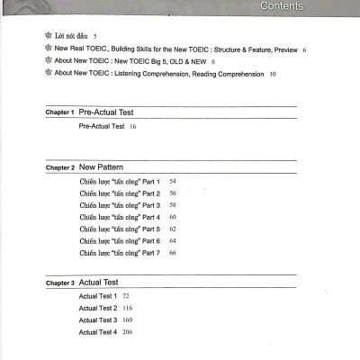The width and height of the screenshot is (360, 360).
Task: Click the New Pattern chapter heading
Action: (101, 167)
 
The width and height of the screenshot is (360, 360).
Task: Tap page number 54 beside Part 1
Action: (172, 182)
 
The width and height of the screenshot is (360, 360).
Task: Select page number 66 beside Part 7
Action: (172, 253)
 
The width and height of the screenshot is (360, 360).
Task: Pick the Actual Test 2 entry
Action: (97, 308)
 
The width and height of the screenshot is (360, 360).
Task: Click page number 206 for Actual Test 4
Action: (127, 332)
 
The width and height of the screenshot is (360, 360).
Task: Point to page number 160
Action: (127, 320)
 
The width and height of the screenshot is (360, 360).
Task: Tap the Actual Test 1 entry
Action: (97, 296)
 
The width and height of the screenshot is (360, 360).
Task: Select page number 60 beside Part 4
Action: (172, 218)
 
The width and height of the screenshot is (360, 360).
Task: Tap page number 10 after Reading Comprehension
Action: (273, 74)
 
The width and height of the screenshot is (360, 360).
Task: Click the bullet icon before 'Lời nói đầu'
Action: (48, 37)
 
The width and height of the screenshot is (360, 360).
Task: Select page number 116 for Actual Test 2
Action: (127, 308)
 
